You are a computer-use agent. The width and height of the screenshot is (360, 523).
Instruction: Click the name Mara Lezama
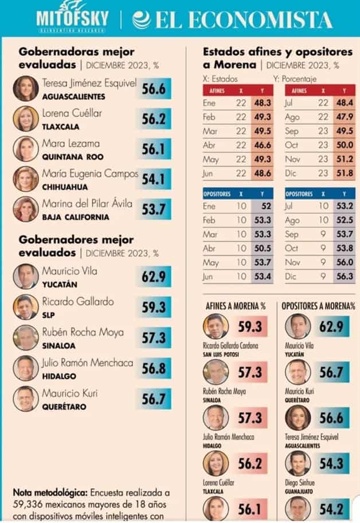(x=71, y=143)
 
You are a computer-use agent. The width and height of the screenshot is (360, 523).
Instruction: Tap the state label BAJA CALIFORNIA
(x=74, y=217)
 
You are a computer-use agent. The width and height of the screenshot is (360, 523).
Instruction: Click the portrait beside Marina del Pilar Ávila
(x=26, y=210)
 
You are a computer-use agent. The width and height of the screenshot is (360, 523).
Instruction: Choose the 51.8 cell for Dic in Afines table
(x=344, y=171)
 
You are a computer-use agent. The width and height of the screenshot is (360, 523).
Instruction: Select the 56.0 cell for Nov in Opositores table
(x=344, y=262)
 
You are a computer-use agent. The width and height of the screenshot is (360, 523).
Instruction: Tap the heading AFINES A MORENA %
(x=235, y=306)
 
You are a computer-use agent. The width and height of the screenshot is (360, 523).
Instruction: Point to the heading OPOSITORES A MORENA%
(x=318, y=306)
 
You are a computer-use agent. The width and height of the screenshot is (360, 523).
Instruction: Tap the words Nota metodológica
(x=50, y=492)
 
